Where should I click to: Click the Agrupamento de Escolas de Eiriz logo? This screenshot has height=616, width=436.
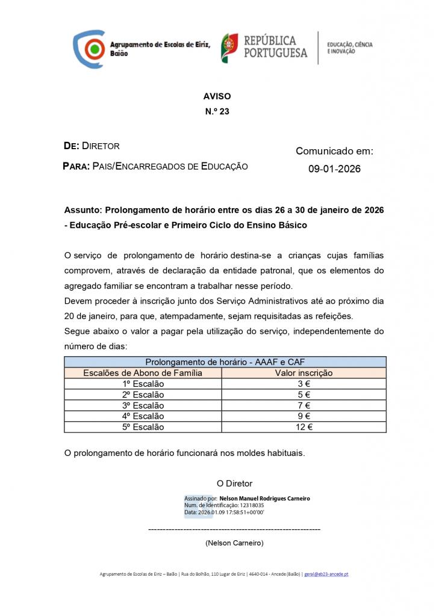(x=89, y=49)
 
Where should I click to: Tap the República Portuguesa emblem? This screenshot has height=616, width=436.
(x=229, y=49)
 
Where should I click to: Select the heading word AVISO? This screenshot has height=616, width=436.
(x=217, y=96)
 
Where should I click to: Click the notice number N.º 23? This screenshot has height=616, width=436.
(x=217, y=111)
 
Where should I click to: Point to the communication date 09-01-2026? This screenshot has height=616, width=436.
(x=334, y=169)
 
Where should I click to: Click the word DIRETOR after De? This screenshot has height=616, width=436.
(x=101, y=146)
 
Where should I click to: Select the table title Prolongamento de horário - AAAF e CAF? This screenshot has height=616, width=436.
(x=225, y=362)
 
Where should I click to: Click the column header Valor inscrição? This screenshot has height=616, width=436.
(x=304, y=373)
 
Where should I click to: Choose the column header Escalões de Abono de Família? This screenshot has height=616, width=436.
(x=143, y=373)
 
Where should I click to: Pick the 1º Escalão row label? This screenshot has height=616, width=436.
(x=143, y=384)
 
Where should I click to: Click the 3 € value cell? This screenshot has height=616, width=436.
(x=304, y=384)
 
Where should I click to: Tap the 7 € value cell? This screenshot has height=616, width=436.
(x=304, y=405)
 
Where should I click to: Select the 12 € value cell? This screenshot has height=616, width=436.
(x=304, y=427)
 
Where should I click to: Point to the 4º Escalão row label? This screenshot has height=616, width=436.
(x=143, y=416)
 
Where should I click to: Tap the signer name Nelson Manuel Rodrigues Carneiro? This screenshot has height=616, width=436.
(x=265, y=499)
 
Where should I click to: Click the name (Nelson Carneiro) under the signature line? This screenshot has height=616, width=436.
(x=234, y=543)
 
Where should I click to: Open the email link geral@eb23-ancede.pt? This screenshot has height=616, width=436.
(x=326, y=574)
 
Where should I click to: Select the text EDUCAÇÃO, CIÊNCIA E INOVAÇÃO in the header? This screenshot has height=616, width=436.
(x=350, y=48)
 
